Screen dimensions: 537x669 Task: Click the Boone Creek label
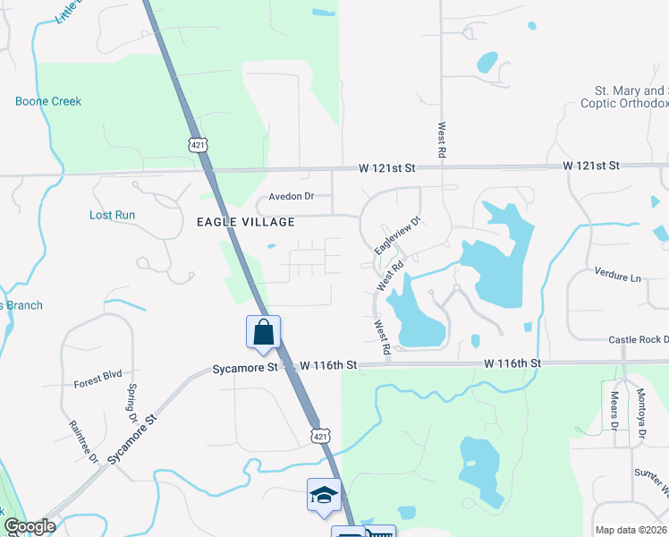pos(48,101)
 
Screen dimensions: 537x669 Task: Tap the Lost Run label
pos(113,215)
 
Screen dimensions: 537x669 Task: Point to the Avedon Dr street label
pos(292,197)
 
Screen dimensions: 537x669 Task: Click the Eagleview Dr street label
pos(397,234)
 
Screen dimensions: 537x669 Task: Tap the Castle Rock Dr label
pos(638,340)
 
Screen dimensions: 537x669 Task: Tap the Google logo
pos(29,526)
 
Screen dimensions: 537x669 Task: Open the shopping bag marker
pos(264,332)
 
